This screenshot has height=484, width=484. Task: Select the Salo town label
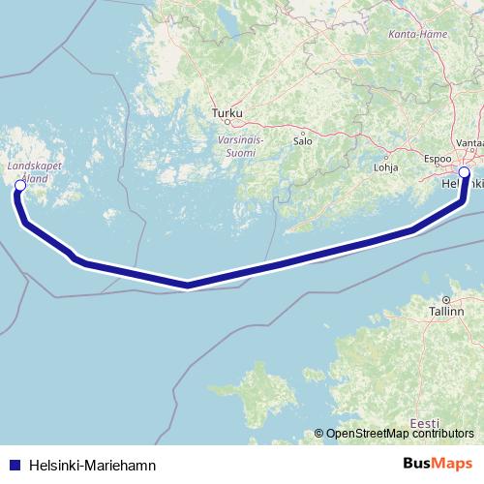303,141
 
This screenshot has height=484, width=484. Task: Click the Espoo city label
439,156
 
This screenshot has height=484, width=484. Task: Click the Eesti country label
424,422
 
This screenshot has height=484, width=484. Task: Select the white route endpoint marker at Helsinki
464,172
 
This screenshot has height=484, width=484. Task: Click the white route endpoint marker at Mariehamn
19,185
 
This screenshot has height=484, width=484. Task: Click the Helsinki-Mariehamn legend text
93,466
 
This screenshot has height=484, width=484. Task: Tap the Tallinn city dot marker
446,299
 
